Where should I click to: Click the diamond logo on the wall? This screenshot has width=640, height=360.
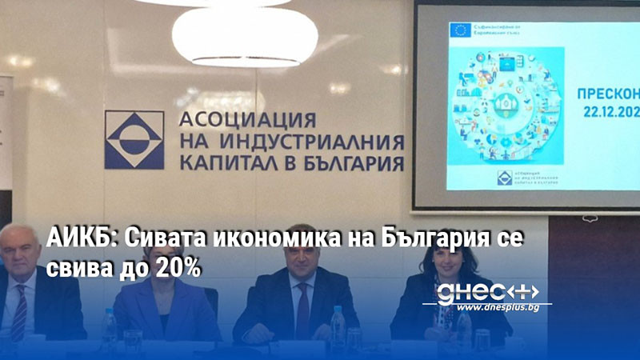(134, 140)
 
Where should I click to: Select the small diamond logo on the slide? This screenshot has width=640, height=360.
(505, 178)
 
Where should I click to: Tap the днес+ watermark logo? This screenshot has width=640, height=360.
(488, 291)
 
